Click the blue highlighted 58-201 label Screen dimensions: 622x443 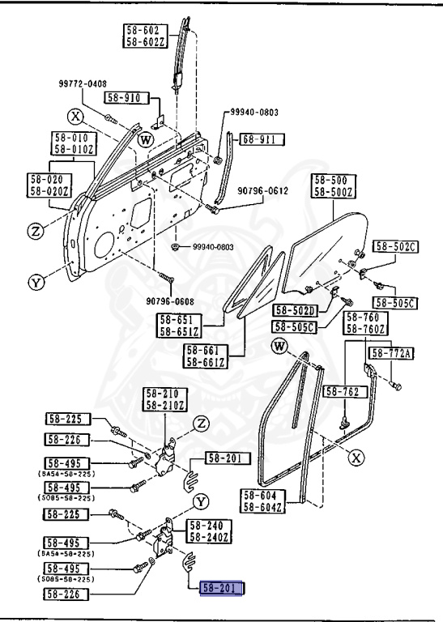click(223, 589)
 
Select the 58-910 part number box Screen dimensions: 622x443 click(145, 98)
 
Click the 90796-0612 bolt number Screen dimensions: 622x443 click(262, 191)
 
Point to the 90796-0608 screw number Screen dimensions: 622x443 click(172, 301)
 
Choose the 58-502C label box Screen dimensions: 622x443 click(394, 246)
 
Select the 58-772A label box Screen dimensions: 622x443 click(392, 353)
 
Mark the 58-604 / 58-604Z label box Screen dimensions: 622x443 click(263, 501)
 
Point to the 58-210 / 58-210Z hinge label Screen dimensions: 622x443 click(164, 398)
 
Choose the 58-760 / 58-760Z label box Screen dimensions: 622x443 click(366, 322)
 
